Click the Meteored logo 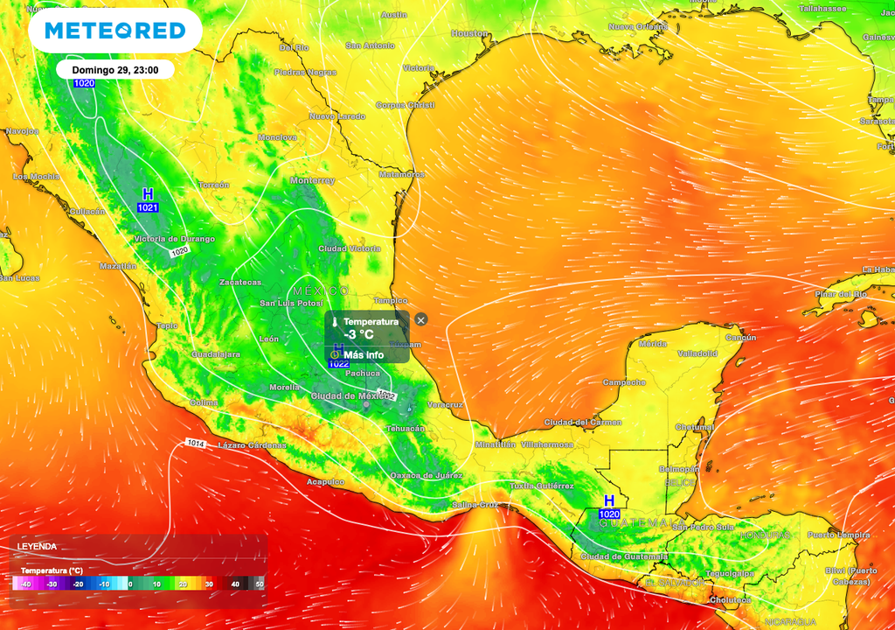click(x=115, y=31)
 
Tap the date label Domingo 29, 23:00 click(x=114, y=70)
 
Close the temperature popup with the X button click(x=420, y=320)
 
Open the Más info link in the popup click(x=363, y=355)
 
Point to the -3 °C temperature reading click(x=358, y=335)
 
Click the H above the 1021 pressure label click(x=148, y=193)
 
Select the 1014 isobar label click(x=196, y=444)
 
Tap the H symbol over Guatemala click(x=608, y=500)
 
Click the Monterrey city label click(x=313, y=180)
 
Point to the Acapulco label click(x=325, y=482)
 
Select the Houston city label click(x=468, y=33)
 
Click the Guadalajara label click(x=216, y=354)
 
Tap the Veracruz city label click(x=445, y=405)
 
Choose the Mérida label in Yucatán click(x=653, y=344)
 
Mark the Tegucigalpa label click(x=729, y=573)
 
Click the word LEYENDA click(x=37, y=547)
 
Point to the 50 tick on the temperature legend click(x=259, y=584)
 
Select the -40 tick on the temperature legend click(x=26, y=584)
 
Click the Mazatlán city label click(x=119, y=265)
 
